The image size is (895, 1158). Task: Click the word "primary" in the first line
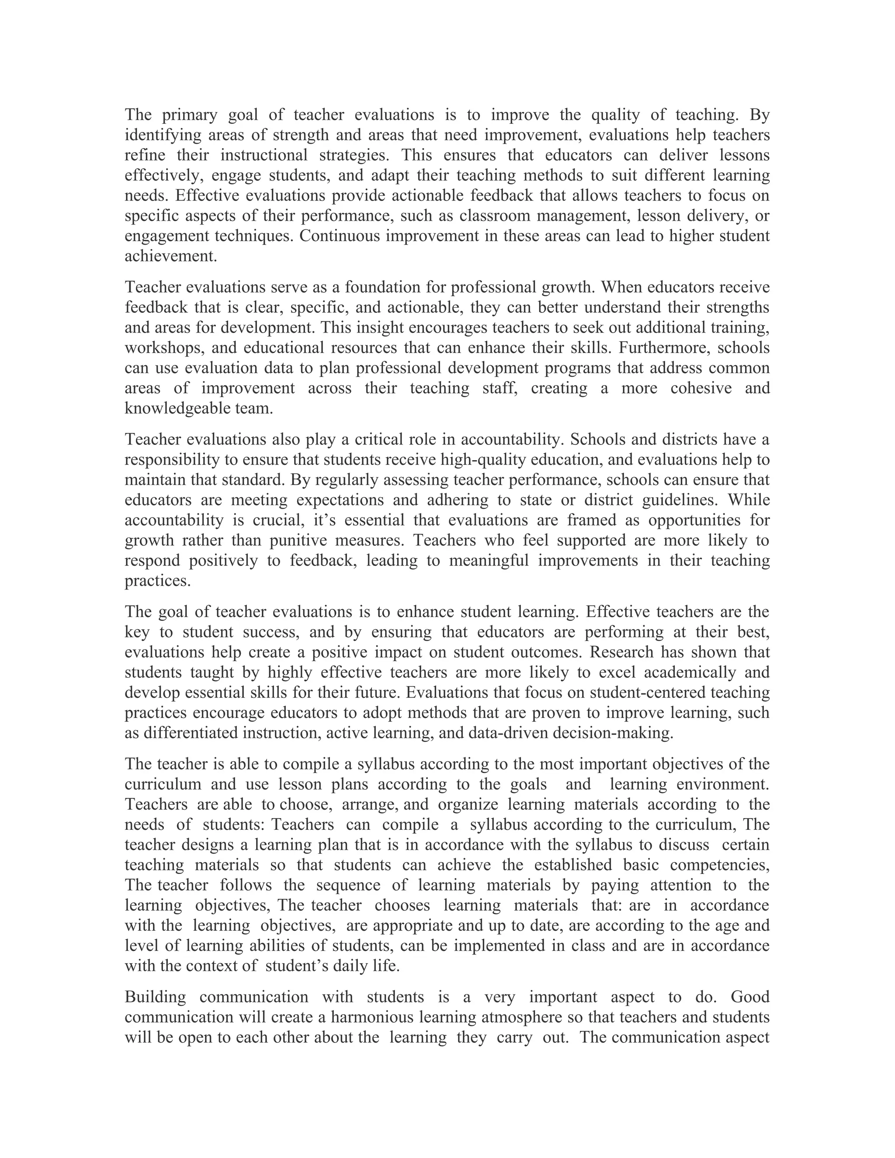(189, 115)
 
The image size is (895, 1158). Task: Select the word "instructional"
(264, 156)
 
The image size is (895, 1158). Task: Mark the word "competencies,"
(719, 865)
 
